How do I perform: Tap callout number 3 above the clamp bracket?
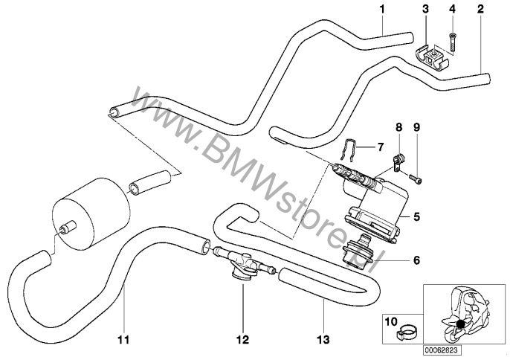[x=425, y=10]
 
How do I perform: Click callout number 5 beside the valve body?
[x=416, y=218]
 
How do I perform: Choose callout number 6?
[x=416, y=261]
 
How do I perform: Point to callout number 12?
[x=242, y=342]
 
